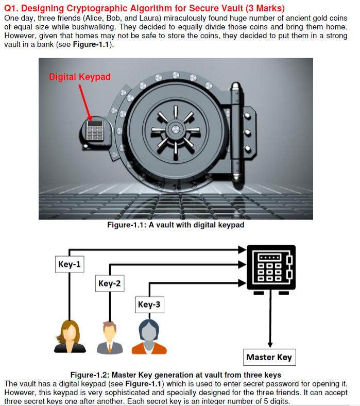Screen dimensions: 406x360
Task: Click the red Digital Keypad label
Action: click(79, 77)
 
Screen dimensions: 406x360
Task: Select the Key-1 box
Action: click(70, 265)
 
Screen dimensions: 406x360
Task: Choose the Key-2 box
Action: click(109, 283)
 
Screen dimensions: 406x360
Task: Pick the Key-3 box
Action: click(149, 304)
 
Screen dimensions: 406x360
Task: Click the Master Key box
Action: click(269, 357)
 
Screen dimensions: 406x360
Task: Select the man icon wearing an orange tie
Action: click(109, 337)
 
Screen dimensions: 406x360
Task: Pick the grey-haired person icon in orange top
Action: click(149, 337)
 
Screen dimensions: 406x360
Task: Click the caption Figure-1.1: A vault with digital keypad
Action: click(176, 225)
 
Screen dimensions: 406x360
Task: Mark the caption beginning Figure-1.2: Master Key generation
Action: click(176, 375)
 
